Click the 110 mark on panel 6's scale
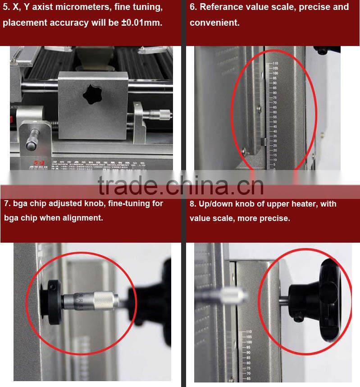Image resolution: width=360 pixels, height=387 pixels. click(x=275, y=63)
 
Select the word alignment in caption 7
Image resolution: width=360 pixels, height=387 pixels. click(x=83, y=217)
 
